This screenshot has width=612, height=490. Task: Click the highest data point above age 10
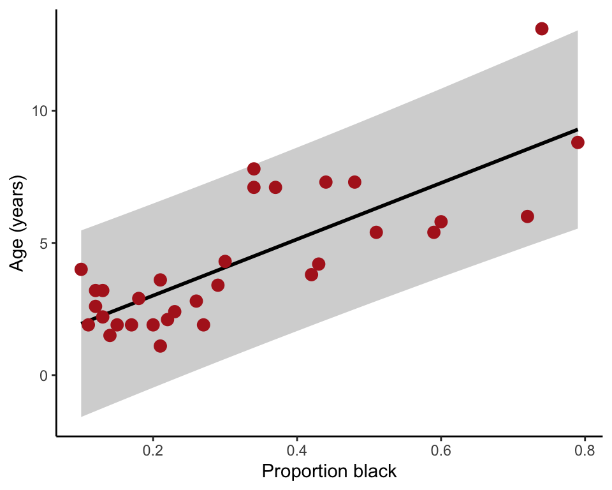click(x=542, y=29)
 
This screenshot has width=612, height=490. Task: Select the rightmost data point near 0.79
click(x=578, y=142)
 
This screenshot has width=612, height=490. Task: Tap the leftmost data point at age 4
click(x=81, y=269)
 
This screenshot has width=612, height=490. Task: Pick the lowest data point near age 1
click(x=160, y=346)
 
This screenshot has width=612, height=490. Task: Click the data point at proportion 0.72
click(x=527, y=216)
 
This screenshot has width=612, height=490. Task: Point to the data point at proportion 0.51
click(x=376, y=232)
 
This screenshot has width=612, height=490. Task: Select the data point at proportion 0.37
click(x=275, y=187)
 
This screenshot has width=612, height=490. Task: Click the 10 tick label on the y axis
click(x=40, y=111)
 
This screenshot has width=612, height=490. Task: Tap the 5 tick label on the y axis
click(x=44, y=243)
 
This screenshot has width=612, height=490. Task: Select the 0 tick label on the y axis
click(x=44, y=375)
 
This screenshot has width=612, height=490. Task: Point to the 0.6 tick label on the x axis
click(x=441, y=450)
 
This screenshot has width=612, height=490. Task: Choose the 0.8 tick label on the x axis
click(x=585, y=450)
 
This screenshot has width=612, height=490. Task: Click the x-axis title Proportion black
click(x=330, y=472)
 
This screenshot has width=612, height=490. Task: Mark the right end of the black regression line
click(x=578, y=130)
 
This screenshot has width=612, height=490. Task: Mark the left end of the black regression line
click(x=82, y=323)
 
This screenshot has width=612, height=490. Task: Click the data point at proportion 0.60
click(x=441, y=221)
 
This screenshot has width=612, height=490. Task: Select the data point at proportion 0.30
click(x=225, y=262)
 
